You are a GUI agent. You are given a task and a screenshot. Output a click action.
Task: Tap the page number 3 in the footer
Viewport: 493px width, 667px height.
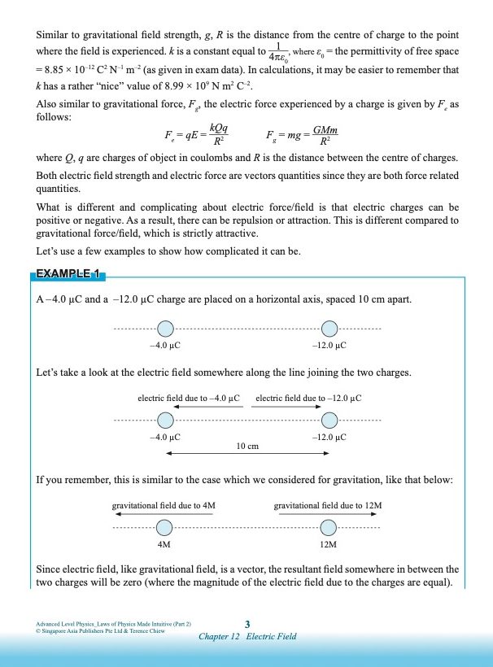(x=247, y=624)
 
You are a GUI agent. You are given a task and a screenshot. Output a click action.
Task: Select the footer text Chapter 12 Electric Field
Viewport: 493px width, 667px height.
(x=247, y=636)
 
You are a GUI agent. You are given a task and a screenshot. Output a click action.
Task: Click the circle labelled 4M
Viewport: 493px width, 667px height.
(x=164, y=526)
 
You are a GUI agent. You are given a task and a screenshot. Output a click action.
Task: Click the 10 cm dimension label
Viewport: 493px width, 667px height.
(x=247, y=446)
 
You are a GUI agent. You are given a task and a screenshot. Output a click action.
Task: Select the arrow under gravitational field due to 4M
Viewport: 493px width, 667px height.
(x=163, y=514)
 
